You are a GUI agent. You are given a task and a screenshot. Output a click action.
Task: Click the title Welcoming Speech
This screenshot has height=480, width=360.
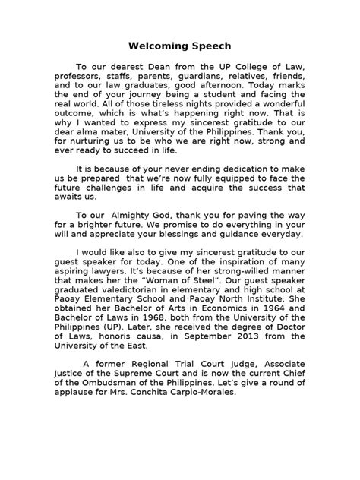pos(179,46)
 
